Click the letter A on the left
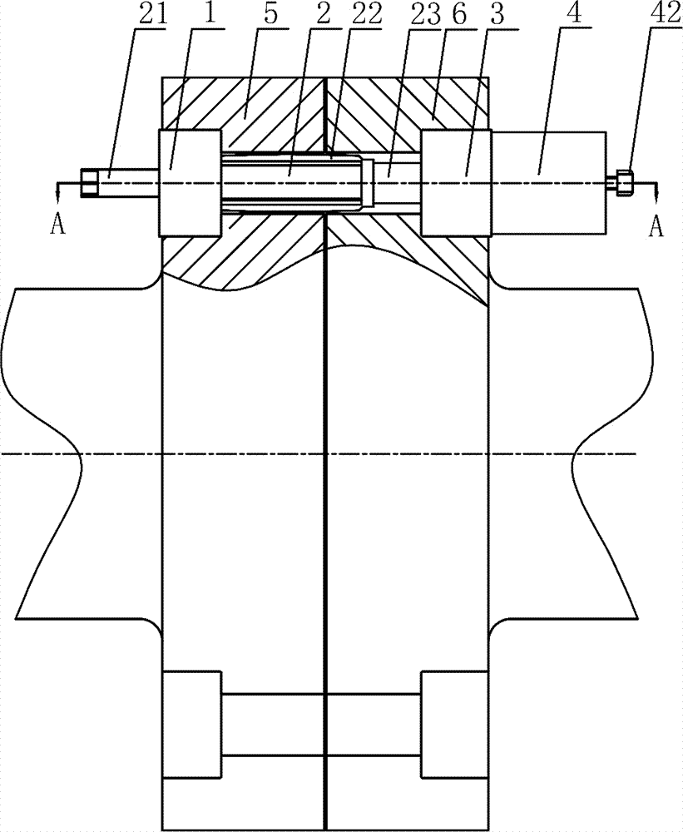[x=57, y=225]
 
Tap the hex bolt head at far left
[x=90, y=183]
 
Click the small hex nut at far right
[x=625, y=182]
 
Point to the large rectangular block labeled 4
[x=549, y=182]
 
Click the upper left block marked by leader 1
[x=190, y=182]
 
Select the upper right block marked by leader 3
[x=455, y=182]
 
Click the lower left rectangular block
[x=192, y=725]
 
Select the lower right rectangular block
[x=454, y=725]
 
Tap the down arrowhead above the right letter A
[x=656, y=195]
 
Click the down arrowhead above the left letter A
[x=58, y=194]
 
